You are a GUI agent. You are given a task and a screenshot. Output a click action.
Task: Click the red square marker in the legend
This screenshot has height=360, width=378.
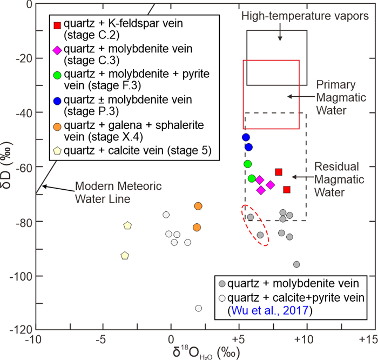tap(57, 25)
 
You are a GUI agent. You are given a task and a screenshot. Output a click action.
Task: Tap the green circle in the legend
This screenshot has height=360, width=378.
tap(57, 75)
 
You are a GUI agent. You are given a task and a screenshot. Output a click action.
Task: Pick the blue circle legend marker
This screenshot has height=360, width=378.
tap(57, 100)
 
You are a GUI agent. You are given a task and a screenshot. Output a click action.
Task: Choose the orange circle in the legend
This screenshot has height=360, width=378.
tap(57, 125)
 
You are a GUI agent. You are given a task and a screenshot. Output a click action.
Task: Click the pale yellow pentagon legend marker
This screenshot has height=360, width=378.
tap(57, 150)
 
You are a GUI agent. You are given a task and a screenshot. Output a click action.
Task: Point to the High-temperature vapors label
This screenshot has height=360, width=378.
tap(305, 16)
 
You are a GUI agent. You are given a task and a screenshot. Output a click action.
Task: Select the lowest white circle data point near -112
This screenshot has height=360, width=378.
tap(198, 308)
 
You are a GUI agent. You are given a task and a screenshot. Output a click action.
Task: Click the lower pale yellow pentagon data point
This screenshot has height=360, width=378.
tap(125, 255)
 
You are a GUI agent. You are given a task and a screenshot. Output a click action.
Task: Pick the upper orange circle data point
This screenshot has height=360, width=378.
tap(198, 206)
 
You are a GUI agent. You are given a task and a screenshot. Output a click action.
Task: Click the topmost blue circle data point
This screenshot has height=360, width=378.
tap(246, 137)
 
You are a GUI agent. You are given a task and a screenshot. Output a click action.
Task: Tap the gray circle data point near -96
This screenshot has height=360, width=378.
tap(296, 264)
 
